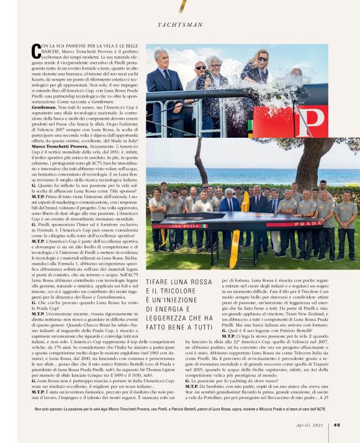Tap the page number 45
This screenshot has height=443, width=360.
click(336, 425)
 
